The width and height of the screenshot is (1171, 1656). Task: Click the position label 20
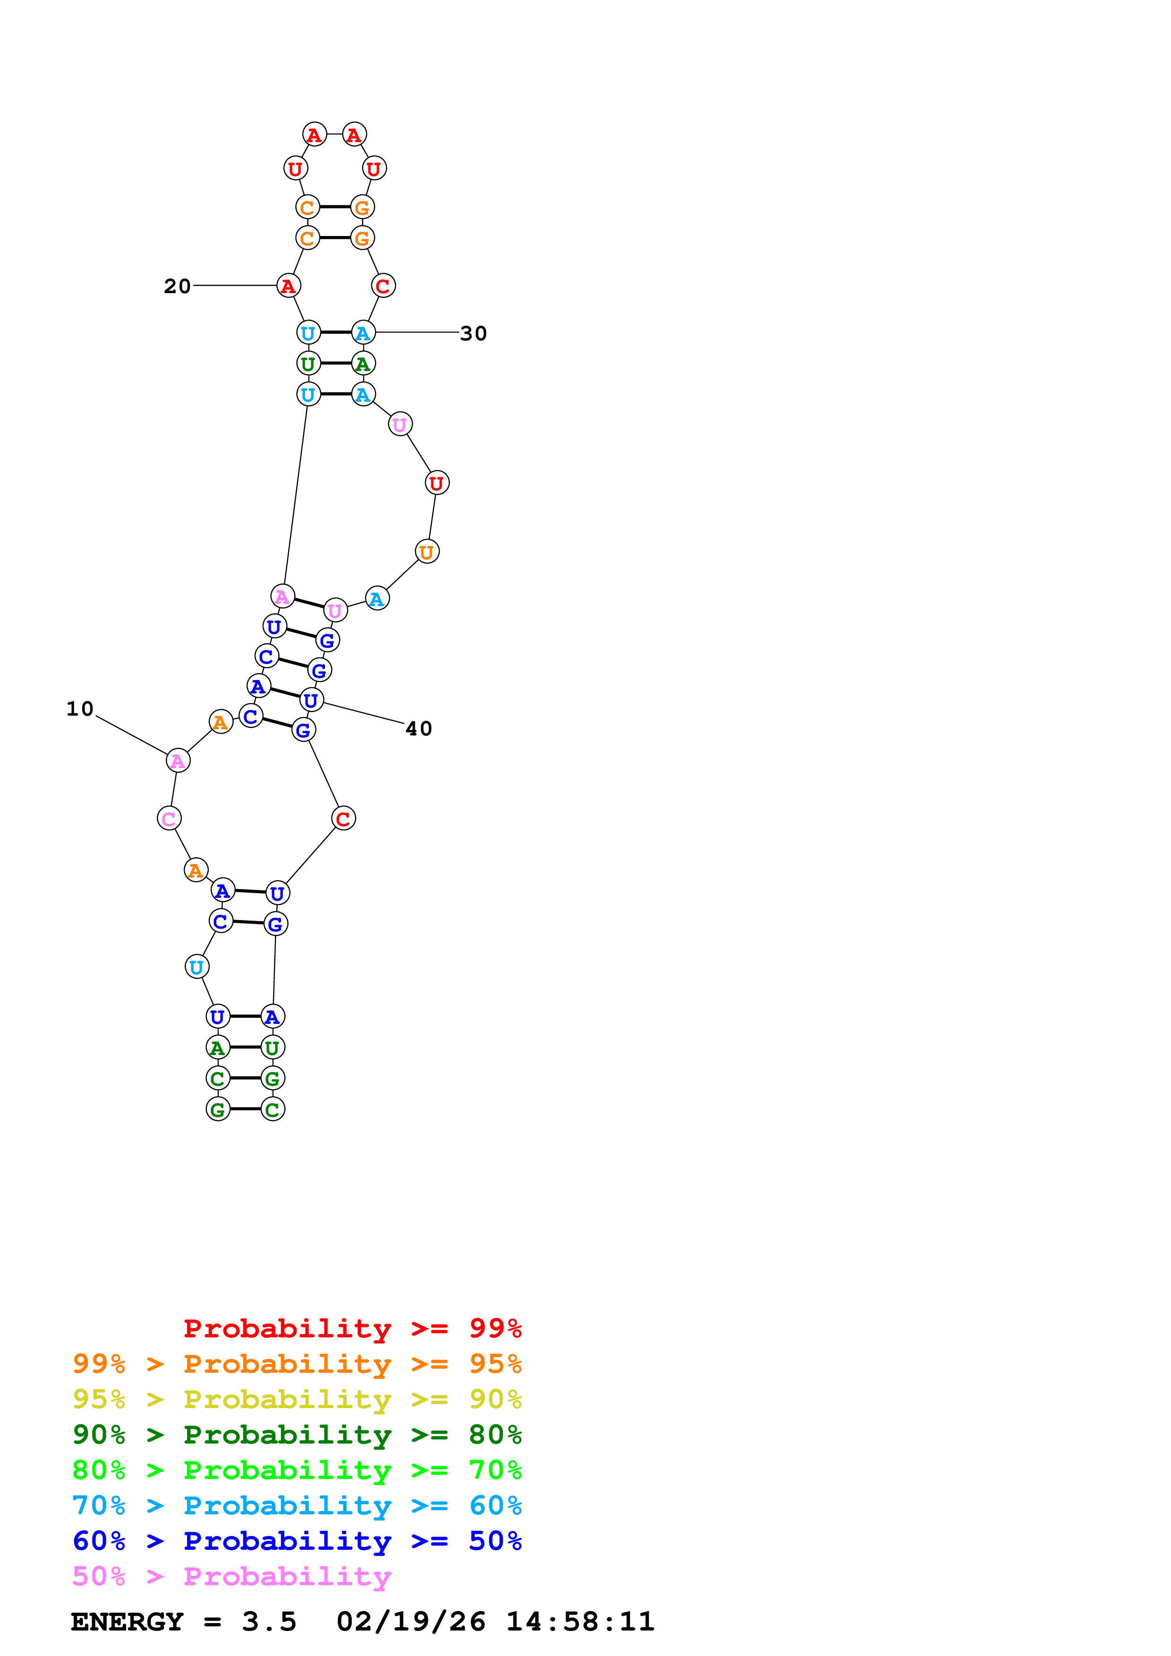(x=177, y=287)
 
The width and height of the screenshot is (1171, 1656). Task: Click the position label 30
(x=473, y=333)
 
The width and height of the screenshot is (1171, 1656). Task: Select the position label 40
(x=419, y=728)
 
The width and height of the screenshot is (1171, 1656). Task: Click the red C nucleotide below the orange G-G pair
(x=383, y=287)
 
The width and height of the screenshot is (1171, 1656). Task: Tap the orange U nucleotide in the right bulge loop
(x=427, y=552)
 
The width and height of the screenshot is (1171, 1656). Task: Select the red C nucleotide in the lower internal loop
(x=343, y=819)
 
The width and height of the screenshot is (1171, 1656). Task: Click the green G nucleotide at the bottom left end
(x=218, y=1109)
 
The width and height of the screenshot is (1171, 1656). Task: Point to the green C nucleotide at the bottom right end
(x=273, y=1109)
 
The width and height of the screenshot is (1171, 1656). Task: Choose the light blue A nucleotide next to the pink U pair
(x=376, y=599)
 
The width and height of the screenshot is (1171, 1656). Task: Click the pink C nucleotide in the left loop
(x=169, y=819)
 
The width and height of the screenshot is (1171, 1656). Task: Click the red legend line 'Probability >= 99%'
(x=352, y=1328)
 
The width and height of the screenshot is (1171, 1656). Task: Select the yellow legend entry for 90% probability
(x=297, y=1399)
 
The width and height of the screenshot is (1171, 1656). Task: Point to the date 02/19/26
(x=410, y=1622)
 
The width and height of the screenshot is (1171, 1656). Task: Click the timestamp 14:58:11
(x=580, y=1622)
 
